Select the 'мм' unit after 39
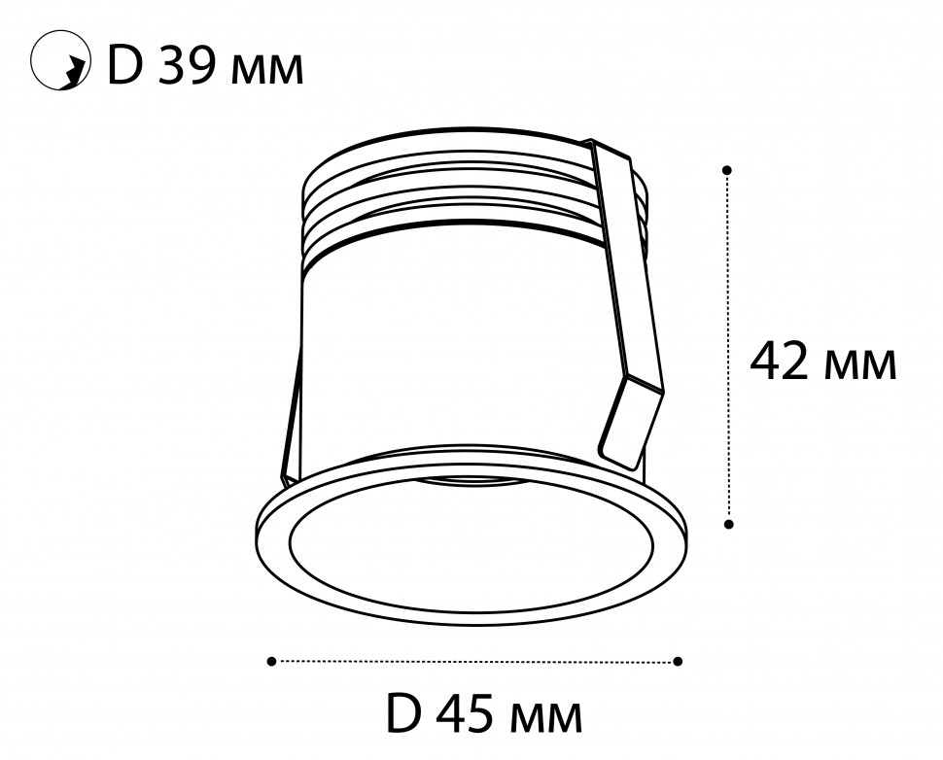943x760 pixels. tap(267, 72)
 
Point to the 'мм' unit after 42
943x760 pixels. tap(860, 366)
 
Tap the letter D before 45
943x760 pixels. tap(402, 713)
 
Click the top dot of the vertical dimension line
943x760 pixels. tap(727, 170)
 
